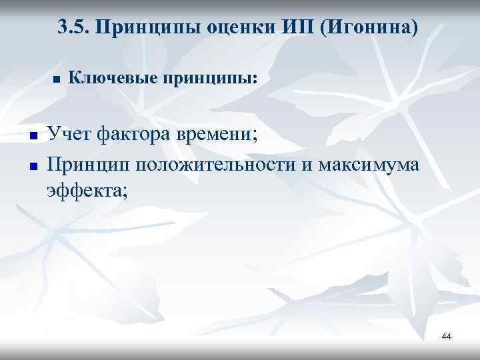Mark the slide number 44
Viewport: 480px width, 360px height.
point(447,337)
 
